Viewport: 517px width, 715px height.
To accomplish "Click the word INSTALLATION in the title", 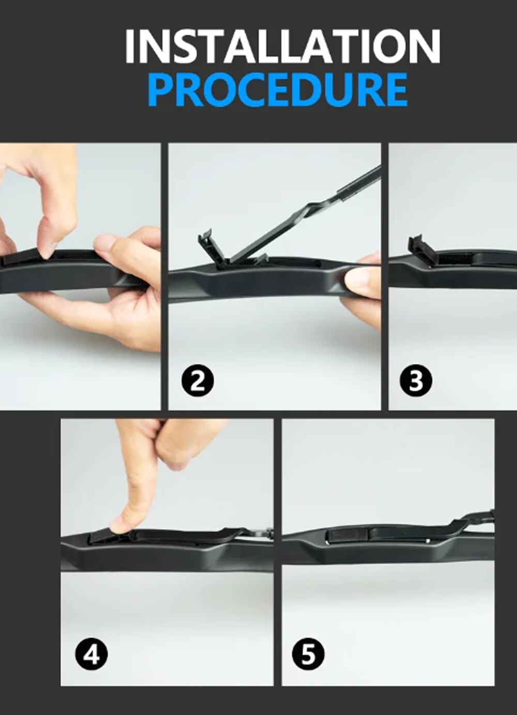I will [282, 47].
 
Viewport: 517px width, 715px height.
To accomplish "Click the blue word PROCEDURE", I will [277, 90].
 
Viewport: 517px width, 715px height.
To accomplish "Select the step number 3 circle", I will [415, 381].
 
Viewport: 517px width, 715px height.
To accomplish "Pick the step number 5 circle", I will [308, 653].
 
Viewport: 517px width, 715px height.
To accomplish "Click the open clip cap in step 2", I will [213, 247].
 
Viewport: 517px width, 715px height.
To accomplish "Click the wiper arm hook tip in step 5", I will [486, 515].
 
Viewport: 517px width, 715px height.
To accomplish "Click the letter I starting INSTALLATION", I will [130, 47].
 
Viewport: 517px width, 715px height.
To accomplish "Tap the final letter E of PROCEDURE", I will [396, 90].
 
